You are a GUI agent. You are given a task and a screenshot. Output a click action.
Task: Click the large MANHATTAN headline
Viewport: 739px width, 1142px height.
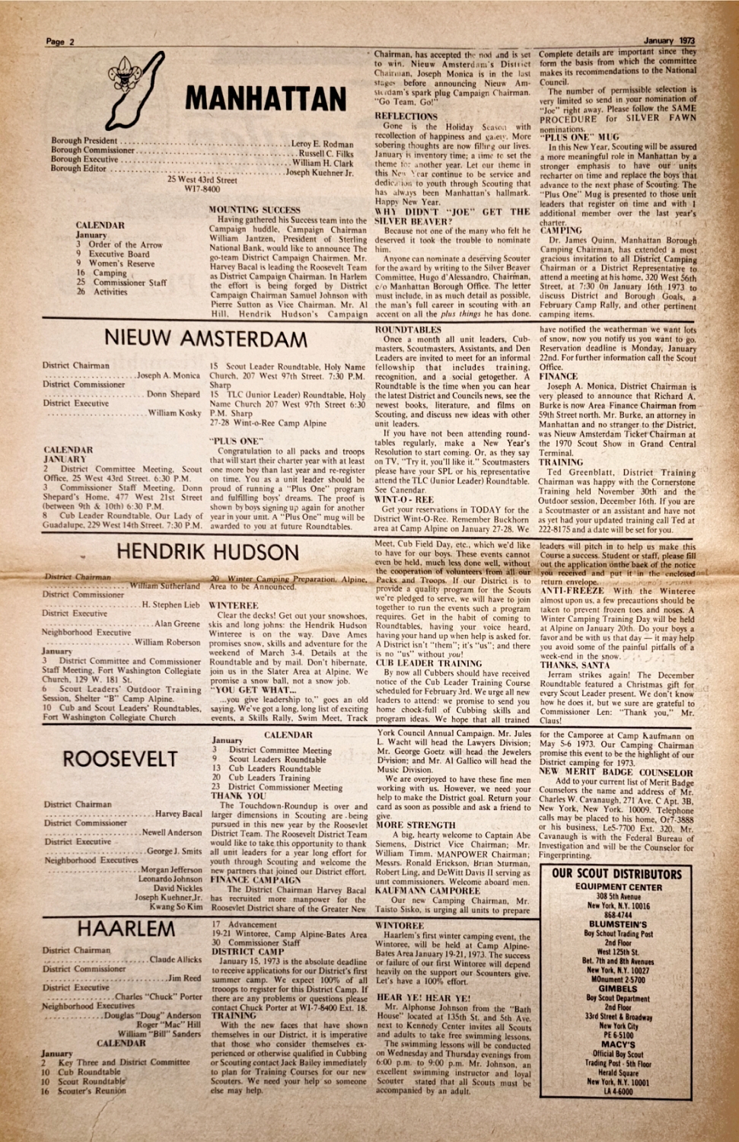(x=265, y=99)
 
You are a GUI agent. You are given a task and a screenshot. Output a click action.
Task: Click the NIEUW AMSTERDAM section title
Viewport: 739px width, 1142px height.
(x=205, y=337)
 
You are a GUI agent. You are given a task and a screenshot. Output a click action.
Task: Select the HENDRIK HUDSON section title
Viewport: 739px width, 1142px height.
(x=207, y=551)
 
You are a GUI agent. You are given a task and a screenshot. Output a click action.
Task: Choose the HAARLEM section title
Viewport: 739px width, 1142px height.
(x=126, y=929)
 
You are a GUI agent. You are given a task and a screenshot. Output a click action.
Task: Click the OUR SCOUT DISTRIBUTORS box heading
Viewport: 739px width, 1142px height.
(x=616, y=873)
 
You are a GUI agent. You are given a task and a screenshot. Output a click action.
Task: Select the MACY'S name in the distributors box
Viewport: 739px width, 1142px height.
(x=617, y=1045)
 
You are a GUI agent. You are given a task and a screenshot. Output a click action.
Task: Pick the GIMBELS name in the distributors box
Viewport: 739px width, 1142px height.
(x=617, y=989)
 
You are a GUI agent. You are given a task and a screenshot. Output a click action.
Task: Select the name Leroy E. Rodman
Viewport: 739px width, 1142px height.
(x=323, y=144)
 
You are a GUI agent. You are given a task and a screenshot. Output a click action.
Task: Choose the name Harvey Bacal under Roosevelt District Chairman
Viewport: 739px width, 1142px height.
(x=179, y=814)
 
